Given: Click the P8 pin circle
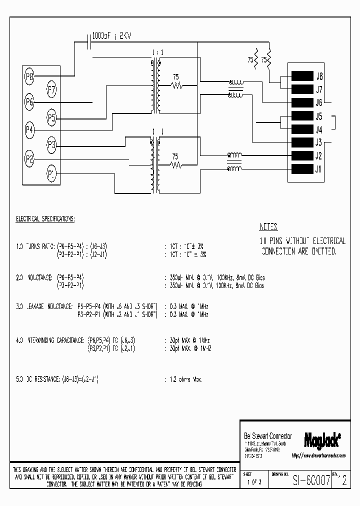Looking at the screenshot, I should pos(30,76).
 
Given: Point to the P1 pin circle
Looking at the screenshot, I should pos(52,174).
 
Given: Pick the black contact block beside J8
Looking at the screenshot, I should pos(301,76).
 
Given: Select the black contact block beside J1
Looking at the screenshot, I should pos(301,168).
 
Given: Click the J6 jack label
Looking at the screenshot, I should pos(319,103).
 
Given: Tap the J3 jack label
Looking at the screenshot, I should pos(319,142).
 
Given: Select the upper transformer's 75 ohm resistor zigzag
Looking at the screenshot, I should pos(176,85).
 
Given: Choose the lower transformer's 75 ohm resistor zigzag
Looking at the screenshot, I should pos(176,165).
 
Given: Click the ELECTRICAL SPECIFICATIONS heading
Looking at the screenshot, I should pos(45,219).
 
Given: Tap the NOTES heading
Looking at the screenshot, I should pos(269,226).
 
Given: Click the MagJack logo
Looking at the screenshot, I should pos(322,439).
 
